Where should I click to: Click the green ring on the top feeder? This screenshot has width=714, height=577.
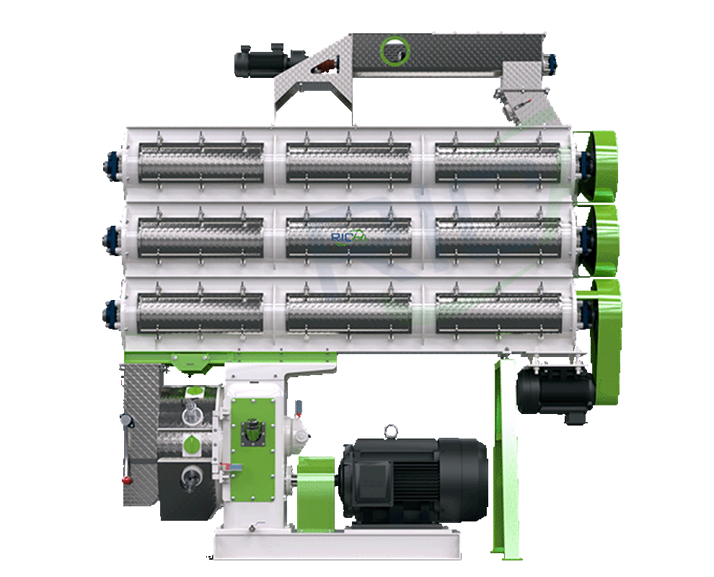(395, 50)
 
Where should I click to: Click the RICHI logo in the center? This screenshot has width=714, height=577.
(349, 236)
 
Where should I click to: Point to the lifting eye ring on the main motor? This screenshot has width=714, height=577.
(390, 431)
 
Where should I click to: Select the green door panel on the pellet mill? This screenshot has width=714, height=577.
(253, 433)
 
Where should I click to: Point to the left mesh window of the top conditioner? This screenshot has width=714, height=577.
(201, 162)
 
